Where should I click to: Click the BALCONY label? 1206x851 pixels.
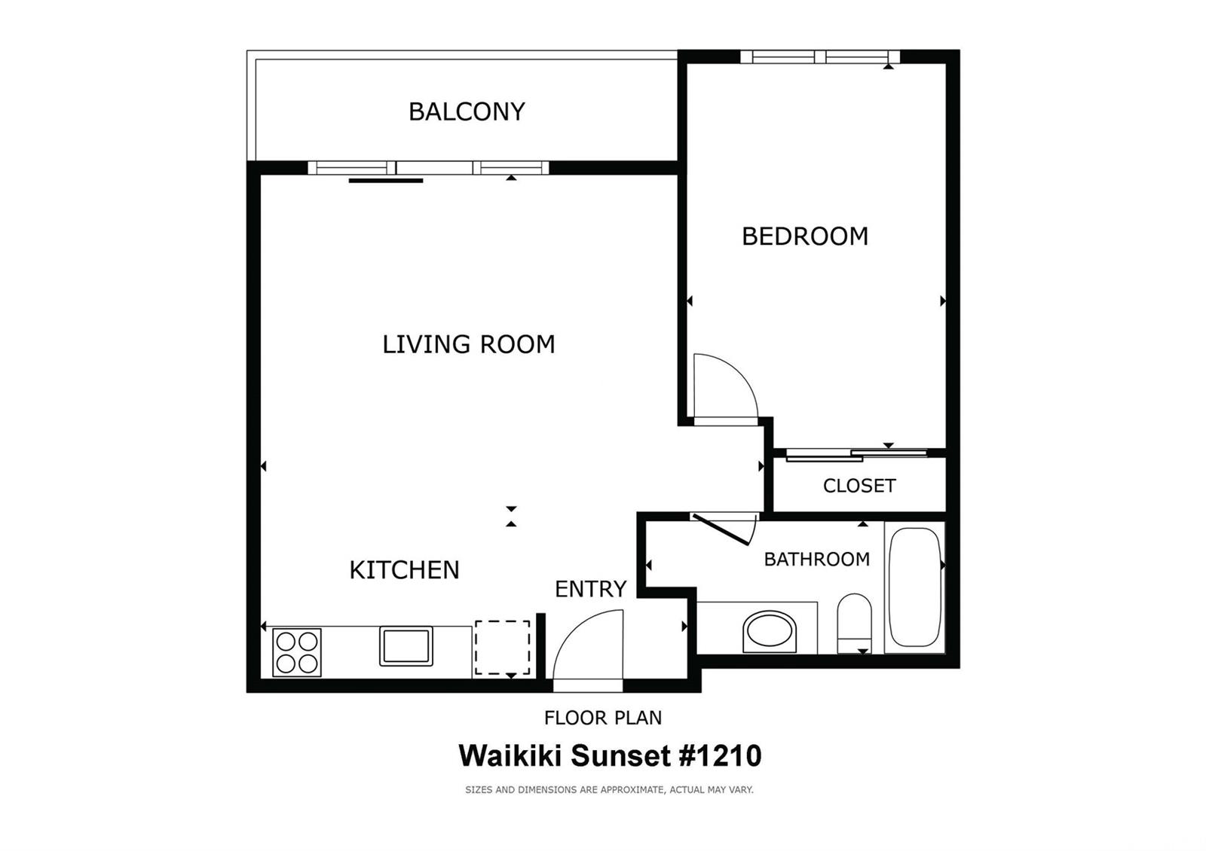click(x=467, y=111)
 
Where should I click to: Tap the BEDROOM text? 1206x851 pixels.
click(x=805, y=236)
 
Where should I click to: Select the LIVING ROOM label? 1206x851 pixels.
click(x=468, y=344)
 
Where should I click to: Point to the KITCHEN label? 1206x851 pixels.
click(x=404, y=570)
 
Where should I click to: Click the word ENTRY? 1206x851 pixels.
click(x=590, y=589)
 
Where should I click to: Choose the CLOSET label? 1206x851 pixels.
click(x=859, y=486)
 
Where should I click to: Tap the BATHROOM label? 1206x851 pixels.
click(x=816, y=559)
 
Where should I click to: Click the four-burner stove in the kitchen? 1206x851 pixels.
click(x=296, y=652)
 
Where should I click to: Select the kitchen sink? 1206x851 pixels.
click(x=406, y=646)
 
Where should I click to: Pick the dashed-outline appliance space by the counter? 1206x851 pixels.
click(x=502, y=648)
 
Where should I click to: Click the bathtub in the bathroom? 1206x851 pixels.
click(x=914, y=587)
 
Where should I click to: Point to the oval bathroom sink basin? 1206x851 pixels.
click(x=770, y=631)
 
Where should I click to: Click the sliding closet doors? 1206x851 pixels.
click(x=856, y=454)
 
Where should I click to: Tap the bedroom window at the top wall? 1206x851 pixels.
click(x=820, y=56)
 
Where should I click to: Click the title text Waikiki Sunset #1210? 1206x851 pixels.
click(x=610, y=755)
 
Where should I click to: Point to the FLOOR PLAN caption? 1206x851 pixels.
click(x=603, y=718)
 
